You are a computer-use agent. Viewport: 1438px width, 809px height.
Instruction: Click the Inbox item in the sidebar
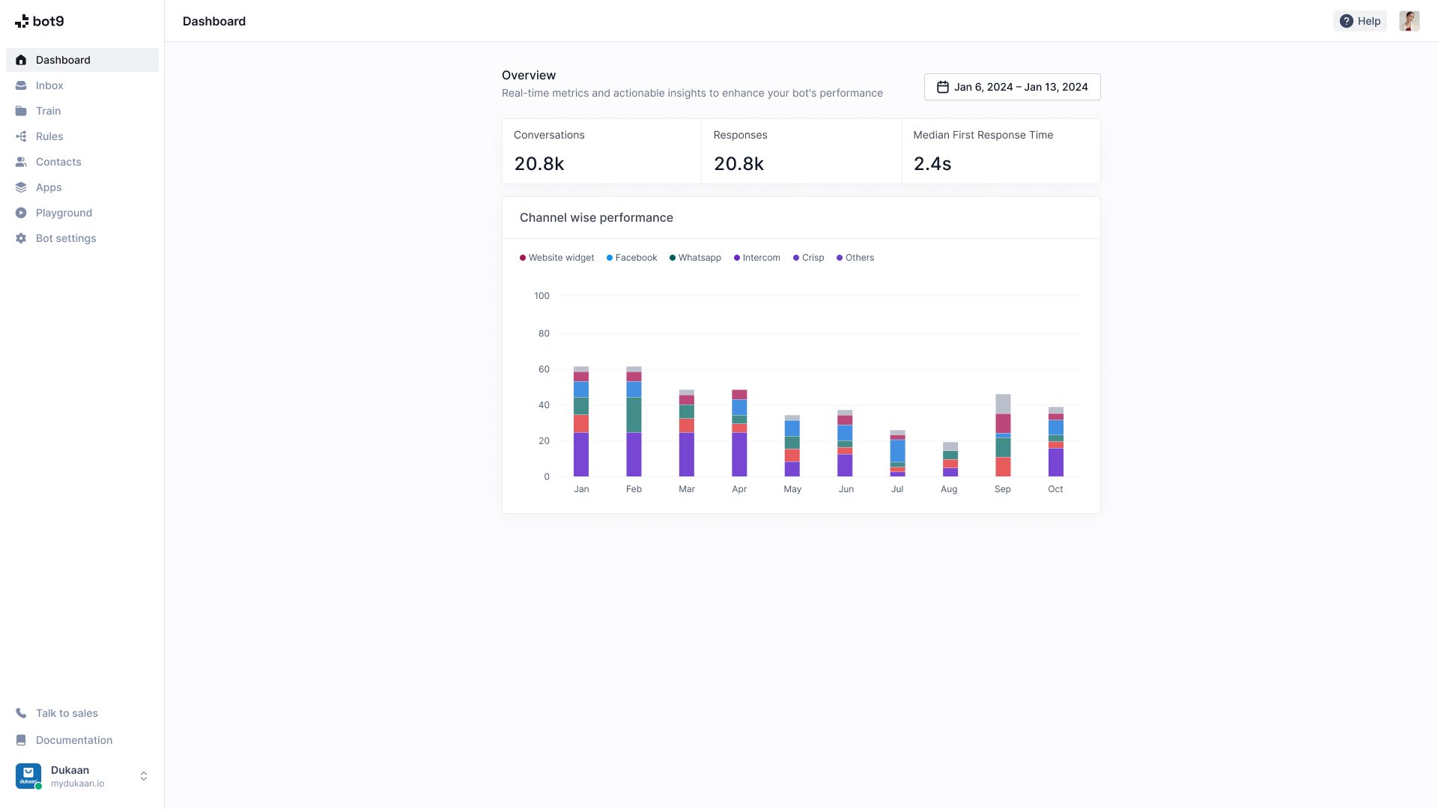click(49, 85)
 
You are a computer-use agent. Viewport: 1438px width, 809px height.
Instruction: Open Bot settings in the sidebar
click(66, 238)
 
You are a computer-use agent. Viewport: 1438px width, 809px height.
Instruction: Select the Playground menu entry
click(64, 213)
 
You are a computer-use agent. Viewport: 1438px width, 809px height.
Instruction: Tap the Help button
click(1360, 21)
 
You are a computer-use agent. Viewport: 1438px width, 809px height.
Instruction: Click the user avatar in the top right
click(1409, 21)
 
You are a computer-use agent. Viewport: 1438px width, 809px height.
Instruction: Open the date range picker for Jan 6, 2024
click(1012, 87)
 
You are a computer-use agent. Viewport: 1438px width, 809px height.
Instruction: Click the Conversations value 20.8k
click(539, 163)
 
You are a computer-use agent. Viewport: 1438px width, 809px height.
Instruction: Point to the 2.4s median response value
click(932, 163)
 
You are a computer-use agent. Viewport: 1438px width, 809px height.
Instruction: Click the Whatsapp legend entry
click(699, 258)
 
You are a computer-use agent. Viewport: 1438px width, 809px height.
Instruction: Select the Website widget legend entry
click(560, 258)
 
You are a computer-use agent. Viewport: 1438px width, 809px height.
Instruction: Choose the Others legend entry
click(859, 258)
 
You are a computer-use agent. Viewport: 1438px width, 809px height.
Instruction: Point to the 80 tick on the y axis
click(544, 333)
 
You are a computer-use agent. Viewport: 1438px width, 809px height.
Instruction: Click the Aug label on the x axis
click(949, 489)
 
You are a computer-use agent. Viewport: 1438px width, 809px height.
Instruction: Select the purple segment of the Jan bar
click(581, 454)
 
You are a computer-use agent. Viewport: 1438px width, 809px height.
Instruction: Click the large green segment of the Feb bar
click(634, 414)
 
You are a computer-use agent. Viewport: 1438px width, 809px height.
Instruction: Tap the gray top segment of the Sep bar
click(1003, 404)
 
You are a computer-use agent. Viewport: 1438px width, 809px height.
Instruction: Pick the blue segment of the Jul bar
click(897, 451)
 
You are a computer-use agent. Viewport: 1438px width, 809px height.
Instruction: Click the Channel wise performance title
click(596, 218)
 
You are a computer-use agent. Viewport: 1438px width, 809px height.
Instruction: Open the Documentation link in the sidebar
click(73, 740)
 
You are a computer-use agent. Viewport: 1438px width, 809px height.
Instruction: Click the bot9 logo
click(40, 21)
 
